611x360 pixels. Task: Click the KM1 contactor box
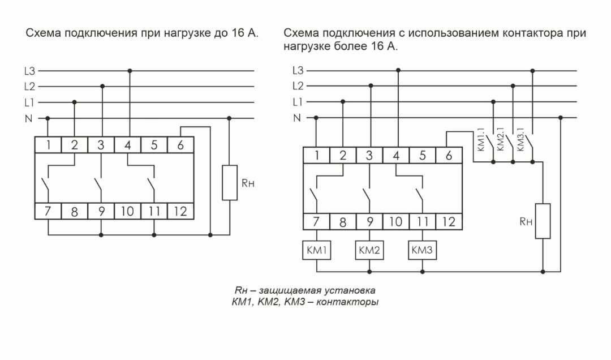point(316,250)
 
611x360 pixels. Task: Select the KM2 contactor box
point(369,250)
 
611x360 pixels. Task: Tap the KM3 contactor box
point(422,250)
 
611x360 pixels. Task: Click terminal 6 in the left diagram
point(180,144)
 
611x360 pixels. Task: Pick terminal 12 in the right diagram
point(448,221)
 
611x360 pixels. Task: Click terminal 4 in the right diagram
point(396,155)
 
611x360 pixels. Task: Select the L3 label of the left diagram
point(29,71)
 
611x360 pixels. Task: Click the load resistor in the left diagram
point(229,182)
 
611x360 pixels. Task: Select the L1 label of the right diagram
point(298,102)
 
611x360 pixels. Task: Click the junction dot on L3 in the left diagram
point(130,71)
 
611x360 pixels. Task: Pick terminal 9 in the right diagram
point(369,221)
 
